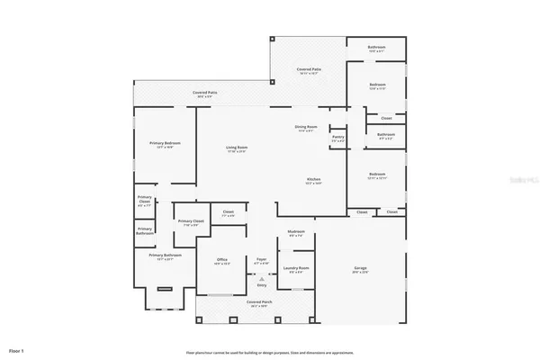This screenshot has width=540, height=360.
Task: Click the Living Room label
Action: pos(237,148)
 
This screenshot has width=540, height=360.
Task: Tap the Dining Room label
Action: pos(305,127)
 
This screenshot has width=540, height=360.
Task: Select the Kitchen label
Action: pos(314,179)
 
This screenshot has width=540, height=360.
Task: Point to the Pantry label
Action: pos(338,139)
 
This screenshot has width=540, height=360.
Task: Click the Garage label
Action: pos(360,268)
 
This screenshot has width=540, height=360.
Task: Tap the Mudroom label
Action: pos(296,232)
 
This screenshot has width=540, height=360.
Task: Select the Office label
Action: pos(221,260)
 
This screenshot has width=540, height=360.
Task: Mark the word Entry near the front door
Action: pos(262,284)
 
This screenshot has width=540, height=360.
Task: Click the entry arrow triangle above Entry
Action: pos(262,278)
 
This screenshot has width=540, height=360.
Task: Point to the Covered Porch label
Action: pos(259,303)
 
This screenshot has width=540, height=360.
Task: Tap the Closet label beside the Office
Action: pos(229,212)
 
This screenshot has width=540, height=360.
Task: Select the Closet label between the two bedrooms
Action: pos(386,117)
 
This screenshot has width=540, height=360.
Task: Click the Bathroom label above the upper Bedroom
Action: pos(377,47)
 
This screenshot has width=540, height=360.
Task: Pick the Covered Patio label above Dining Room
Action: pos(310,69)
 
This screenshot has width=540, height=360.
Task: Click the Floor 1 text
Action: pos(16,349)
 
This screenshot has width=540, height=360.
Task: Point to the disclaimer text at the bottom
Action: pos(270,353)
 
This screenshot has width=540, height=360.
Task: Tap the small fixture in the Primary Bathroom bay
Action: pos(164,288)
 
